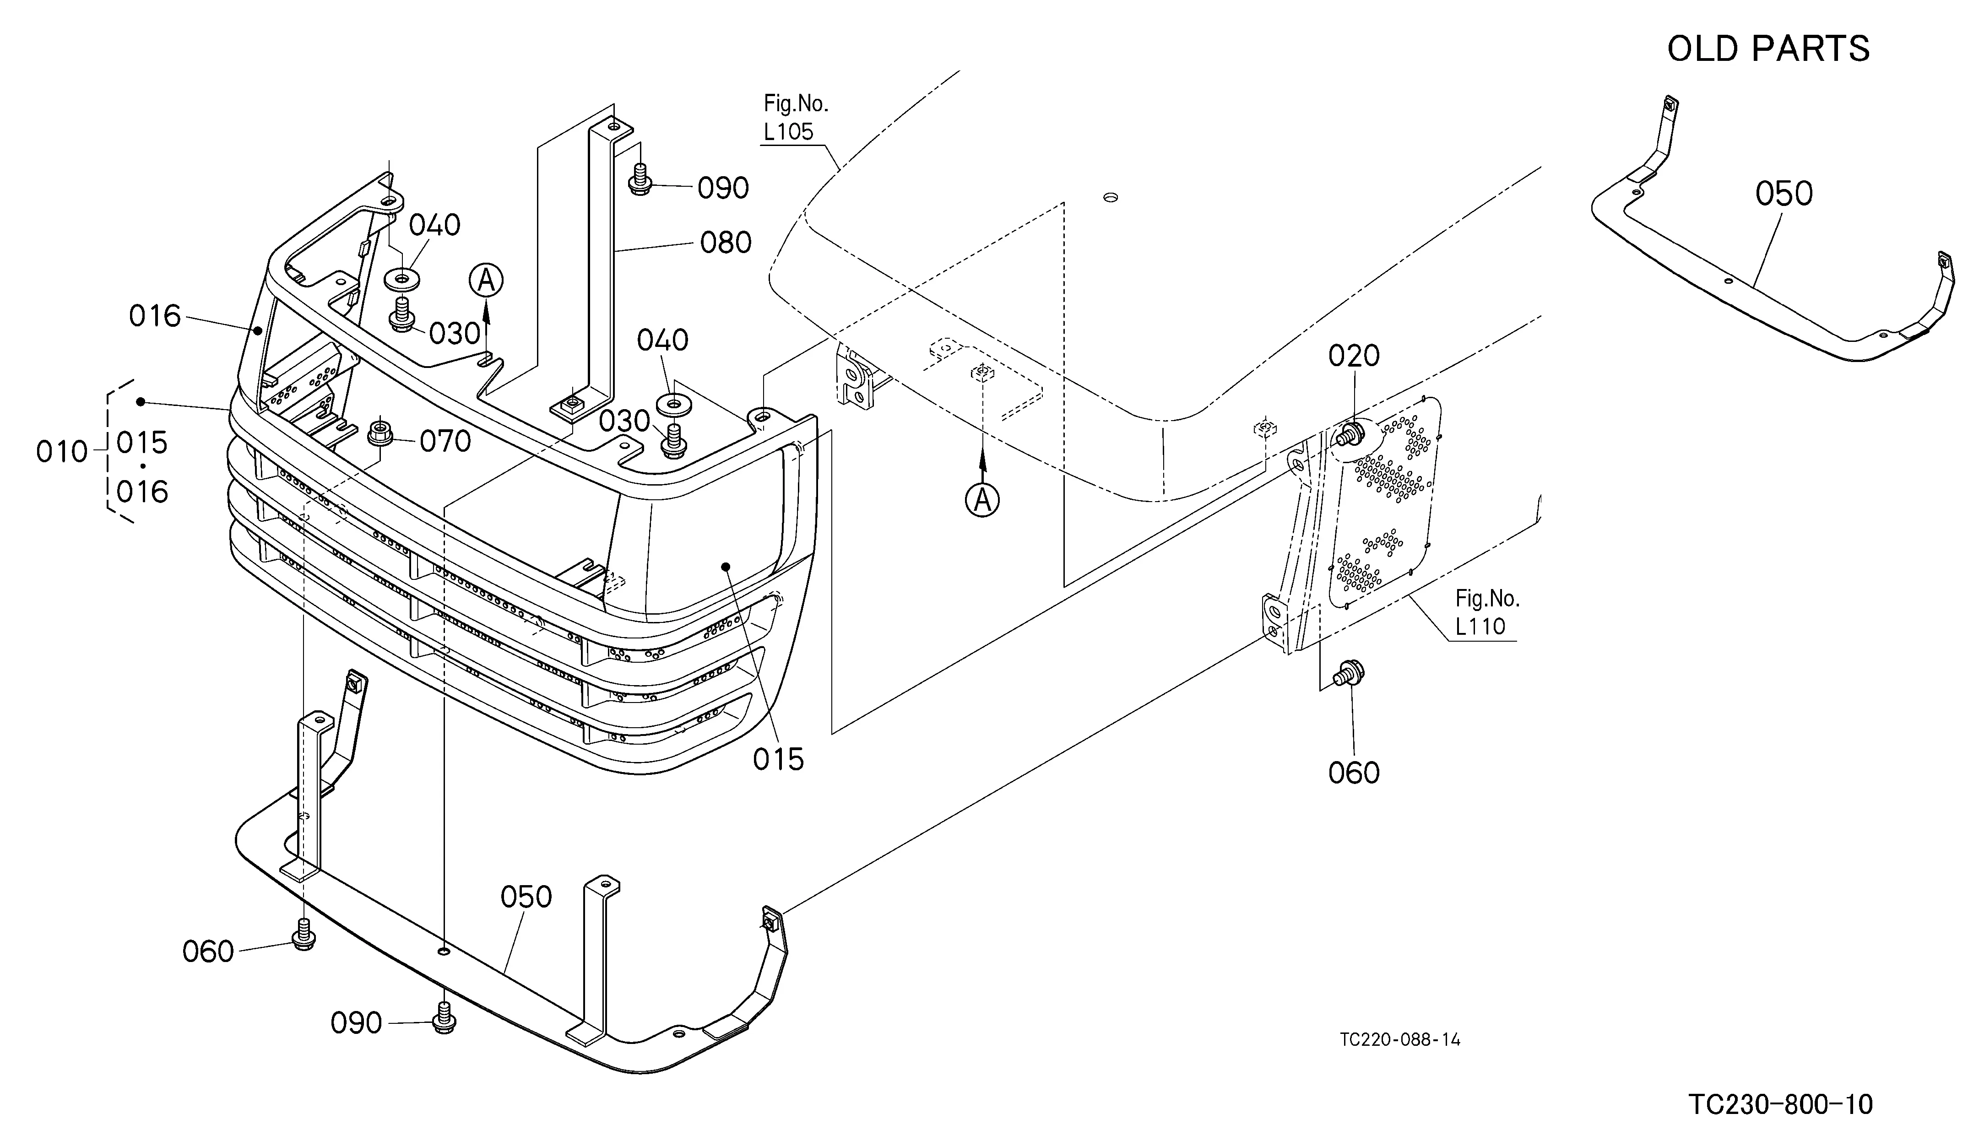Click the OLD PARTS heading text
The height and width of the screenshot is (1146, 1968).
pos(1768,49)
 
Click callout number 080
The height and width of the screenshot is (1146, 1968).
pos(726,243)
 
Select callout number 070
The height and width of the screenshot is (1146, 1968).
pos(445,442)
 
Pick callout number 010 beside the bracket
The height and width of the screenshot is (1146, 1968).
pos(62,452)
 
